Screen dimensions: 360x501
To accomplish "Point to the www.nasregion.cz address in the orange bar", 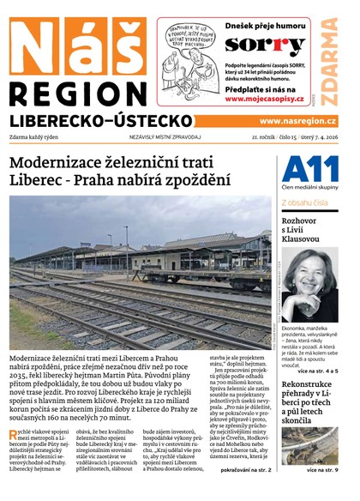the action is pos(297,122).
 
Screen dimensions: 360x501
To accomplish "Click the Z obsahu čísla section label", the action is pos(305,202).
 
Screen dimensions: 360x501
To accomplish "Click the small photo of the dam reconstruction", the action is pos(309,445).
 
